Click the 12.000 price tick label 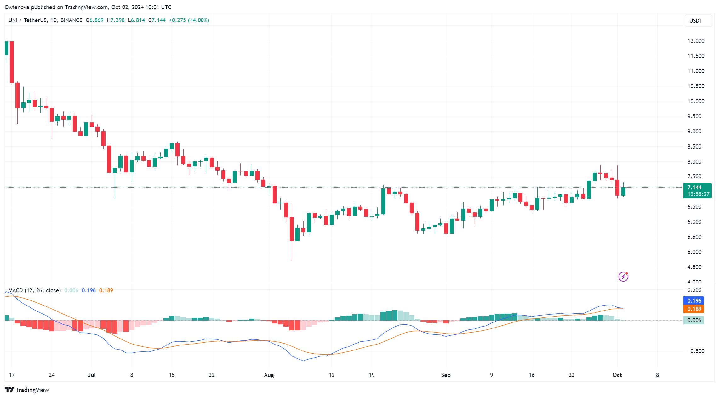(x=696, y=41)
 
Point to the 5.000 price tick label (x=694, y=252)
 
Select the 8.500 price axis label (x=694, y=147)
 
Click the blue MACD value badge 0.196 (x=694, y=301)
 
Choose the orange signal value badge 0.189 (x=694, y=309)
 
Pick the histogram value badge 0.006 (x=694, y=320)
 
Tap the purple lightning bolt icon (x=623, y=277)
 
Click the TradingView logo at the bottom (x=27, y=390)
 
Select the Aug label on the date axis (x=269, y=375)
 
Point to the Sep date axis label (x=446, y=375)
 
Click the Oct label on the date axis (x=617, y=375)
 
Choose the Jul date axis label (x=92, y=375)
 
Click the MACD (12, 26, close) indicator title (x=34, y=290)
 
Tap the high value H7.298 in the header (x=116, y=20)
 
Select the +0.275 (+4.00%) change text (x=189, y=20)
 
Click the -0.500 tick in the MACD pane (x=695, y=351)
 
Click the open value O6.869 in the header (x=94, y=20)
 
